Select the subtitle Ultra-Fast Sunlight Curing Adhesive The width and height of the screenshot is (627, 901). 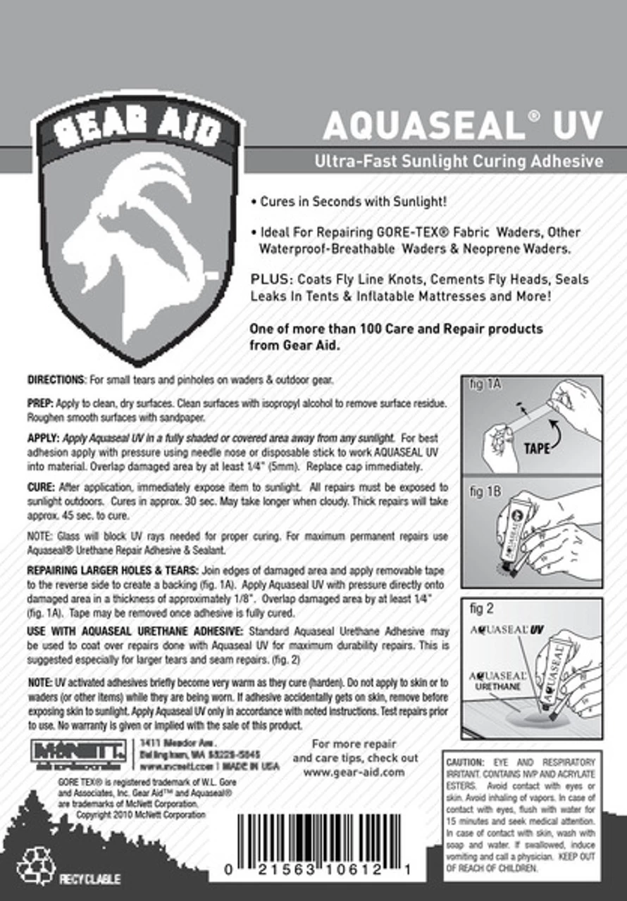click(459, 161)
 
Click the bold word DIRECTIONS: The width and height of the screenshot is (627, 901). click(56, 381)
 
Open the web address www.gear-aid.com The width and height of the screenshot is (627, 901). click(354, 771)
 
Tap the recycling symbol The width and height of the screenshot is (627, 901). click(35, 865)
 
